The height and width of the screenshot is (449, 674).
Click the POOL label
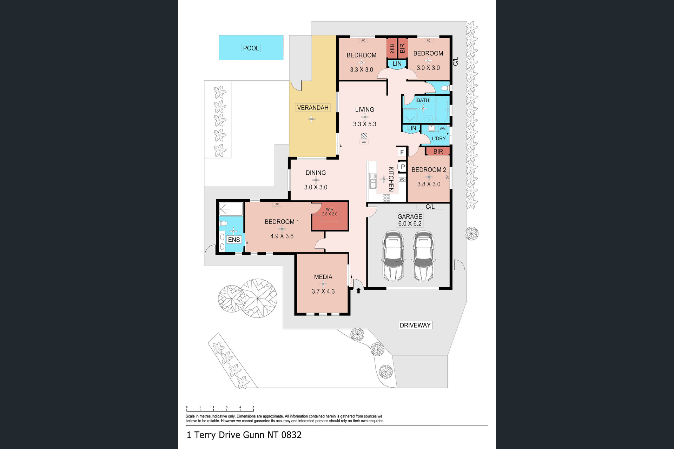251,48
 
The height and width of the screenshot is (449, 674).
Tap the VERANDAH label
313,108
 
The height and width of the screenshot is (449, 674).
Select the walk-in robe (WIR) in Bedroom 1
330,216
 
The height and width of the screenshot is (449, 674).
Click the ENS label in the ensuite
234,240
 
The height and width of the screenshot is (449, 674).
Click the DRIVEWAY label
415,325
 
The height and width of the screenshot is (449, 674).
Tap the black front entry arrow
358,290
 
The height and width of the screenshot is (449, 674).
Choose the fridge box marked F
402,152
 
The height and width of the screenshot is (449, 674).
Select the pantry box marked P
403,167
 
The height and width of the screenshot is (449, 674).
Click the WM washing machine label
443,129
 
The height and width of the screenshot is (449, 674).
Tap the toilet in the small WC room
445,88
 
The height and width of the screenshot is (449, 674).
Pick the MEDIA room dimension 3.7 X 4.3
323,291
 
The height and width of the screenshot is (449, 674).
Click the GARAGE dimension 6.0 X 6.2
410,223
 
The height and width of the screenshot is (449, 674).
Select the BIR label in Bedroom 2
438,152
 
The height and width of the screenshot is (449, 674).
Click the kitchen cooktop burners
386,198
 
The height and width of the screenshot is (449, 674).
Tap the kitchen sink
373,181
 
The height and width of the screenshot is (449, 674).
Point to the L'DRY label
439,139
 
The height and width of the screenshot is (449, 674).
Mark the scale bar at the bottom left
220,409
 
